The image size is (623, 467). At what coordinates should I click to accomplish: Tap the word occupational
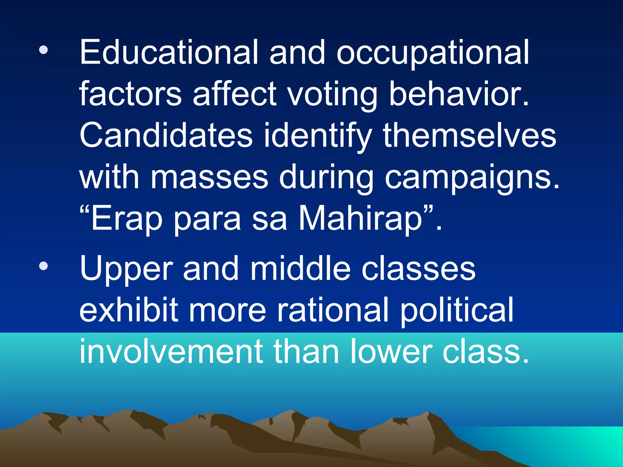(x=433, y=54)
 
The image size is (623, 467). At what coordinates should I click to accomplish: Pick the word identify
(x=318, y=136)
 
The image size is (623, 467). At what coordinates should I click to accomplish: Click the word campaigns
(x=472, y=178)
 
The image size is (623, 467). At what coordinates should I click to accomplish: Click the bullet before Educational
(x=44, y=50)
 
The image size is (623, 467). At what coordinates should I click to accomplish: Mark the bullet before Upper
(x=44, y=266)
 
